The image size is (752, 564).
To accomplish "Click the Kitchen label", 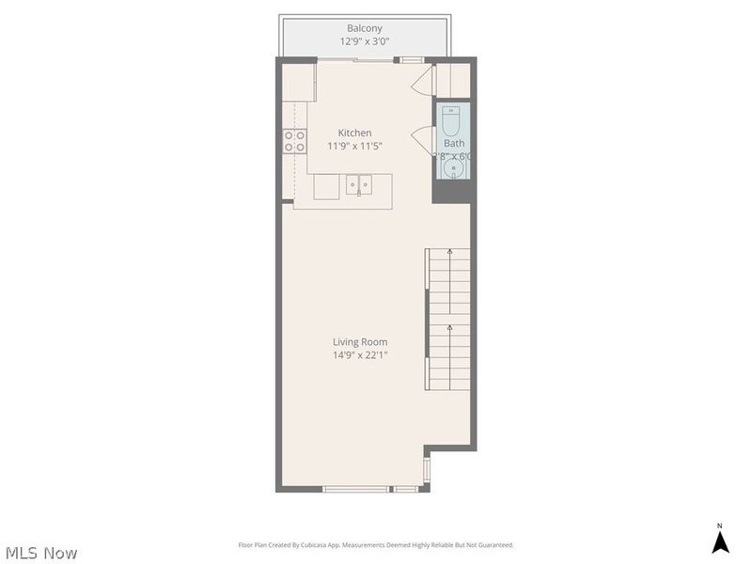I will click(x=354, y=133).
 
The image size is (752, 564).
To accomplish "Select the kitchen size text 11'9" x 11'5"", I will click(x=354, y=146).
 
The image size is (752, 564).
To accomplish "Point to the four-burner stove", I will click(x=294, y=141).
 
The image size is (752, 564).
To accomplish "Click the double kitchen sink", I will click(x=358, y=183).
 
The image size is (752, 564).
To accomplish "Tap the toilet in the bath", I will click(x=450, y=122).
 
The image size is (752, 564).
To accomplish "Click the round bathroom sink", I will click(x=453, y=169).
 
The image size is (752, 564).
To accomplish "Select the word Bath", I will click(x=454, y=144).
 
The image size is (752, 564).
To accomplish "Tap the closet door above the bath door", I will click(x=423, y=83).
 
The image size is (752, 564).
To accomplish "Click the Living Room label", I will click(x=359, y=342).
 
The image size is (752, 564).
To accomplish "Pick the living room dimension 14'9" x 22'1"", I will click(x=359, y=355).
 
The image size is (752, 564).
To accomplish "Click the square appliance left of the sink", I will click(x=326, y=186).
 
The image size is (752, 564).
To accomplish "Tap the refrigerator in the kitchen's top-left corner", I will click(x=298, y=82).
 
